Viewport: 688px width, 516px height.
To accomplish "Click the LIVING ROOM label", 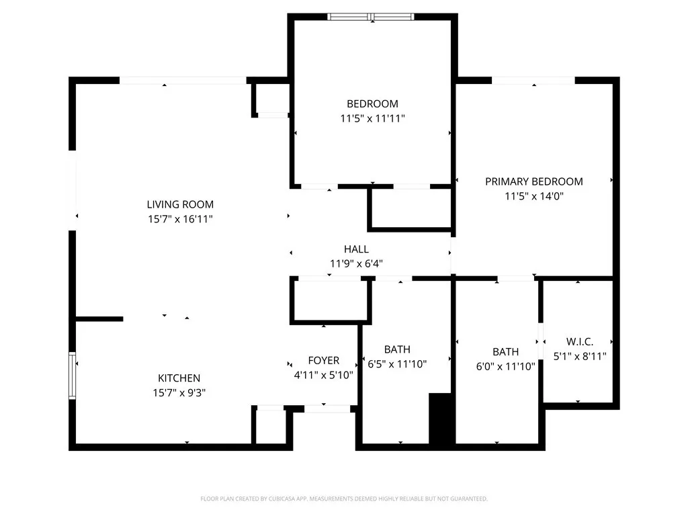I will point(180,204).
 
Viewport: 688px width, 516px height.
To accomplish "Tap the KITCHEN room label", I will point(179,378).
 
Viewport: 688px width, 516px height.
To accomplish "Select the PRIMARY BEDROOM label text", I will point(534,181).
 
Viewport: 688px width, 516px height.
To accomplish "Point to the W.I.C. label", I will point(579,342).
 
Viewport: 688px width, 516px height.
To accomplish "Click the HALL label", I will point(356,249).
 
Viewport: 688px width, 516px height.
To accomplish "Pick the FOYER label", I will point(324,361).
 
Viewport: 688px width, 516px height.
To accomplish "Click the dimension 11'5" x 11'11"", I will point(372,118).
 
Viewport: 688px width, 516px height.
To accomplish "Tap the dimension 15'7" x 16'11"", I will point(180,219).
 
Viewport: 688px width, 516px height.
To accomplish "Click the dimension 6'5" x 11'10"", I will point(397,364).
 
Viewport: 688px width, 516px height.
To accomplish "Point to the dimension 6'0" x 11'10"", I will point(505,366).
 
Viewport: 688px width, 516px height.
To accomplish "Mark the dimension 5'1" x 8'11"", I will point(579,357).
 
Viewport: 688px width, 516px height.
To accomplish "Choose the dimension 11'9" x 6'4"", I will point(356,264).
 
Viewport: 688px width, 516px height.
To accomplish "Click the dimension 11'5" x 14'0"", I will point(534,196).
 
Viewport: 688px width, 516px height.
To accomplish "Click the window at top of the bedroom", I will point(372,17).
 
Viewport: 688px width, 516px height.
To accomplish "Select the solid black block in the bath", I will point(441,418).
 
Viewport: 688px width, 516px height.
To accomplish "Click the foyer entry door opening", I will point(325,408).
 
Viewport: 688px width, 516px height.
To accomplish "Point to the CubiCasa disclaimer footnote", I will point(344,499).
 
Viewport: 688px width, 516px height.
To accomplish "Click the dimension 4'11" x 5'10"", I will point(324,376).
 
